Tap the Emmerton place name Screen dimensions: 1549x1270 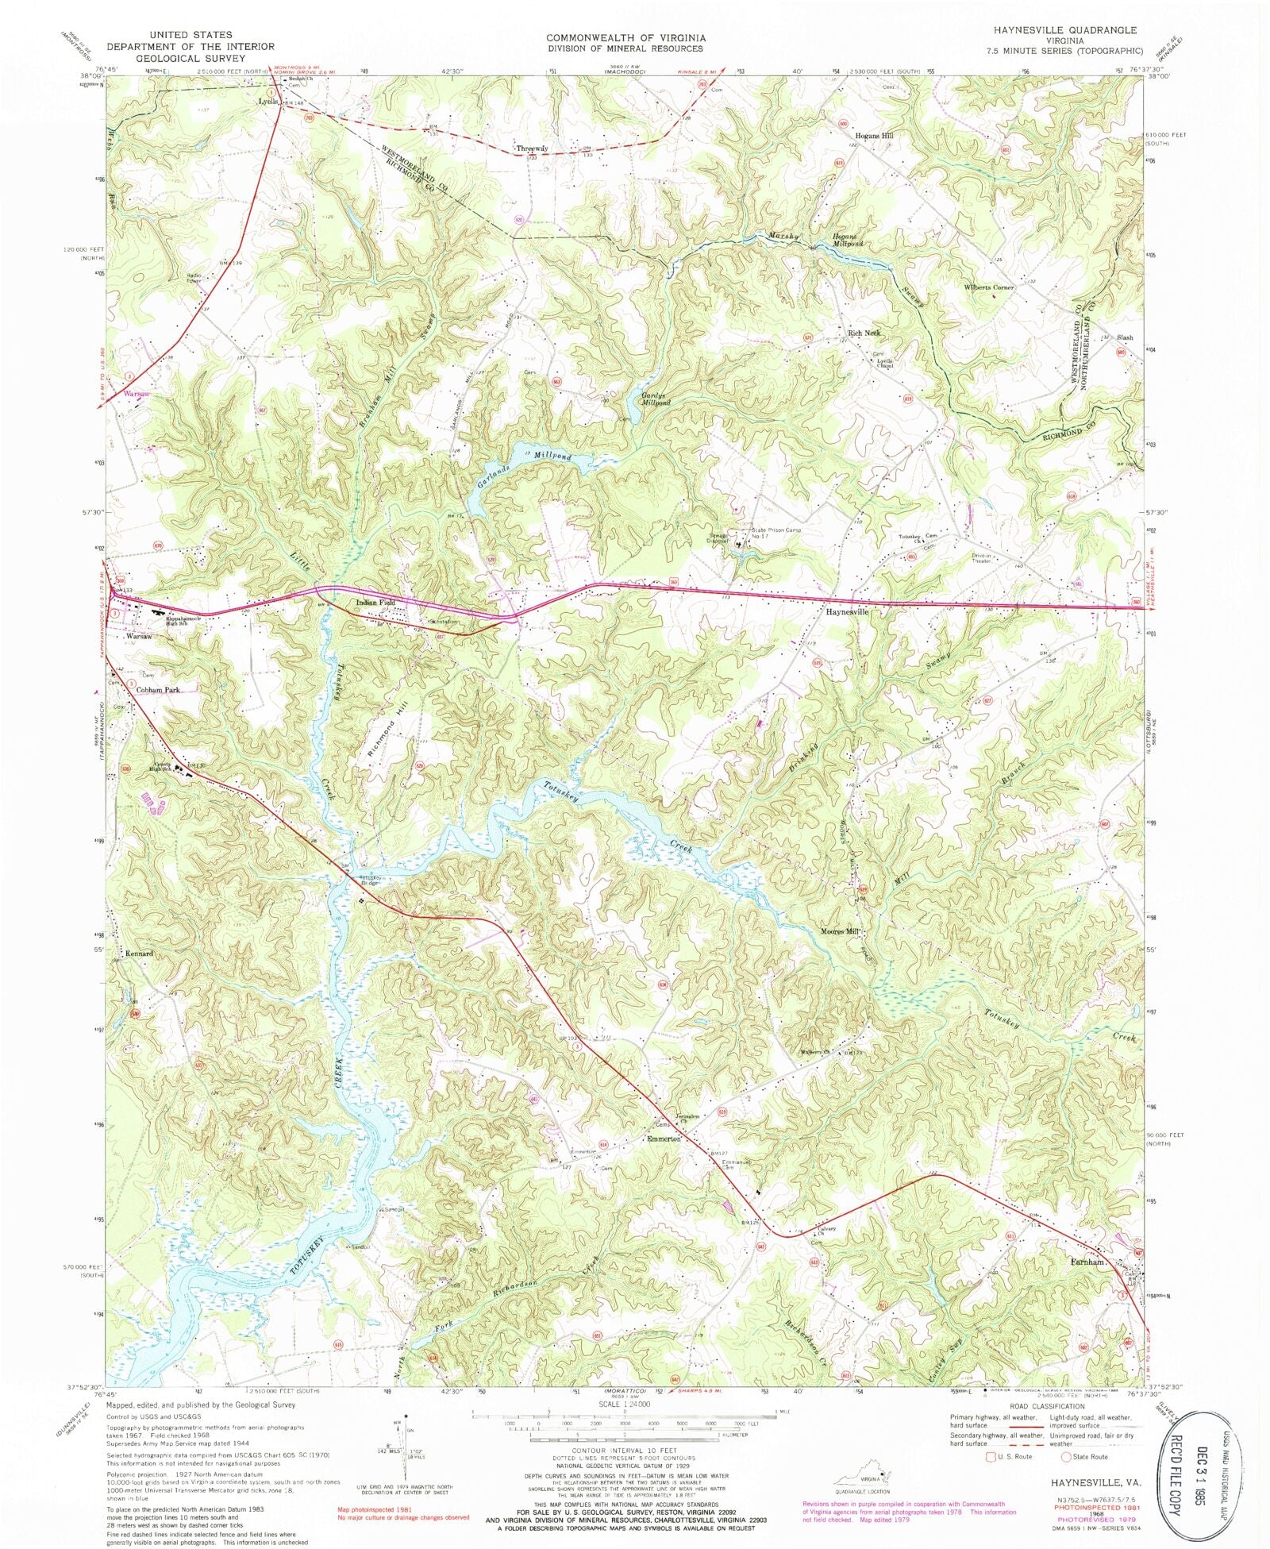[664, 1139]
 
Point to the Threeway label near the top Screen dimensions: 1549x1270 [532, 148]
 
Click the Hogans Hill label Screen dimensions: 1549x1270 [874, 136]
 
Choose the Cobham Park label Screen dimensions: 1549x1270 [158, 690]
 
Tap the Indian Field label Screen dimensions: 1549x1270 [376, 603]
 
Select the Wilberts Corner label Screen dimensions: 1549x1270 [989, 287]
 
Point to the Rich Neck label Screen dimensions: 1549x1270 [865, 333]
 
